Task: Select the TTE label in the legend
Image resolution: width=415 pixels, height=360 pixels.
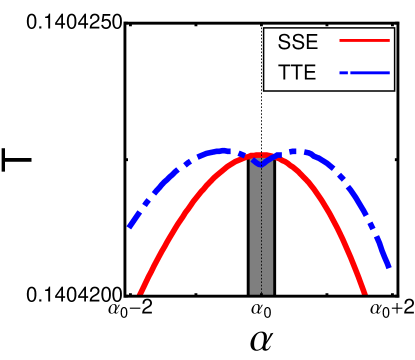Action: click(296, 73)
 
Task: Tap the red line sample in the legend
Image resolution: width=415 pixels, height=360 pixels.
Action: click(363, 42)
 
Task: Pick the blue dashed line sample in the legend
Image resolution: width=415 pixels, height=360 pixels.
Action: click(368, 73)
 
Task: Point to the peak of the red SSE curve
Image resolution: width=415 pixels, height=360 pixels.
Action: click(260, 155)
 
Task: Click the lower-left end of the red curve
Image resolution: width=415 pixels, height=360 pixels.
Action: click(141, 292)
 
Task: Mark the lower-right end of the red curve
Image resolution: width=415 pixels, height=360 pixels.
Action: click(365, 292)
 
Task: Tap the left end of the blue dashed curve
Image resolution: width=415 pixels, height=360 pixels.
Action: click(130, 226)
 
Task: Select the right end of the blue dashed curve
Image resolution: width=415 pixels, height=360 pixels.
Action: click(387, 266)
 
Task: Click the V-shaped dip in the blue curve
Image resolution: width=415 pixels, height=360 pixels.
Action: click(260, 164)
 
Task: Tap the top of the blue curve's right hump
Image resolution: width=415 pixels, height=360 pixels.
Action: click(300, 151)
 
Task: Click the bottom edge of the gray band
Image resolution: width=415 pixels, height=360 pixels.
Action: click(261, 293)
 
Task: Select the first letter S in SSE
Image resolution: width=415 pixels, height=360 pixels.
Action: click(283, 43)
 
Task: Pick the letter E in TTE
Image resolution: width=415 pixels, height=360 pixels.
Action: click(309, 73)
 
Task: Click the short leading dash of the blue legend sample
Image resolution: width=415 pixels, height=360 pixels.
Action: click(344, 73)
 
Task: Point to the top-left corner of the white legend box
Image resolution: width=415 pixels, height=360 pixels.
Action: click(265, 27)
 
